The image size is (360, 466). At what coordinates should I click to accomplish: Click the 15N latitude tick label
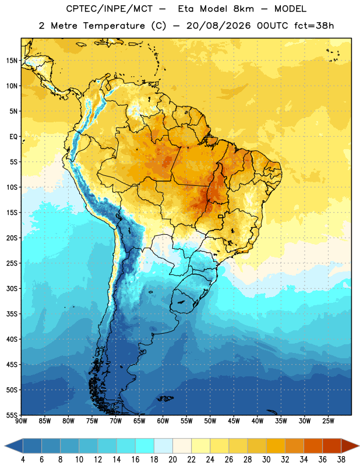click(x=12, y=61)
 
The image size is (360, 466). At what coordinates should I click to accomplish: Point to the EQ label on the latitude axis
click(x=13, y=137)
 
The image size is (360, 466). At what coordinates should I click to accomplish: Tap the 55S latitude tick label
click(x=12, y=415)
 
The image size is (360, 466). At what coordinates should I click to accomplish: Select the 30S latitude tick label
click(x=12, y=288)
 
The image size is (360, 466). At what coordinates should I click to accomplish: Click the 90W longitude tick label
click(x=21, y=421)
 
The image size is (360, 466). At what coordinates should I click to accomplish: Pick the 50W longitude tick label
click(x=210, y=421)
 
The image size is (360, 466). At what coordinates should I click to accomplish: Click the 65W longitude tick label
click(x=139, y=421)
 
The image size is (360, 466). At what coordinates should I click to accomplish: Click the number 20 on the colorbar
click(x=172, y=460)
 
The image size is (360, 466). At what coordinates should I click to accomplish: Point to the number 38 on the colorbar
click(x=341, y=460)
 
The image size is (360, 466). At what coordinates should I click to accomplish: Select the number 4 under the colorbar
click(x=23, y=460)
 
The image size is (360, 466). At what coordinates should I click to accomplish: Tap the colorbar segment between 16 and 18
click(x=145, y=446)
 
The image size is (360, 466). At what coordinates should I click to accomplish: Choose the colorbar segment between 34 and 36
click(x=313, y=446)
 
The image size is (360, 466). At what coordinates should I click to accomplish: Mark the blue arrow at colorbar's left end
click(x=14, y=446)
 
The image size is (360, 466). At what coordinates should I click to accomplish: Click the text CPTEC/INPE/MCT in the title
click(x=109, y=9)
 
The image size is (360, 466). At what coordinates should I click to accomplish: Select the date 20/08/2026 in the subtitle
click(x=218, y=26)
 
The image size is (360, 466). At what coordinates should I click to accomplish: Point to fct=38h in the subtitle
click(x=314, y=26)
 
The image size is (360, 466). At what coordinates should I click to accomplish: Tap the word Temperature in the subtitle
click(x=114, y=26)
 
